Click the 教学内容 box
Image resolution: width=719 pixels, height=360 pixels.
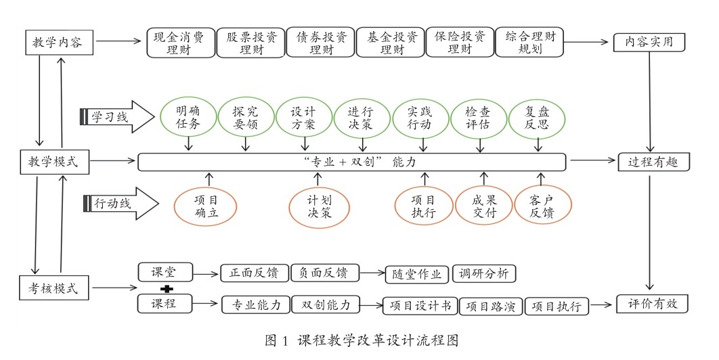[x=58, y=43]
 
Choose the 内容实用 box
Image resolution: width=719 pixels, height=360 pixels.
[x=649, y=43]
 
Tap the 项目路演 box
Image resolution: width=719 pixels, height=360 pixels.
[x=492, y=307]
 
